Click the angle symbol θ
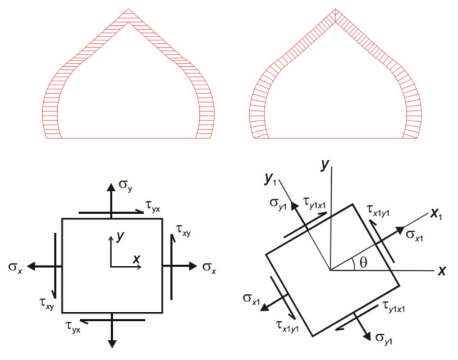point(363,263)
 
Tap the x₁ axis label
point(436,214)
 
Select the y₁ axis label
point(269,179)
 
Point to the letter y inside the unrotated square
point(120,236)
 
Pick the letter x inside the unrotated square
point(136,259)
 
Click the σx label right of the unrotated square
point(209,268)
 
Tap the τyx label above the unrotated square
point(153,207)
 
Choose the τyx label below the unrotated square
point(73,327)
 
